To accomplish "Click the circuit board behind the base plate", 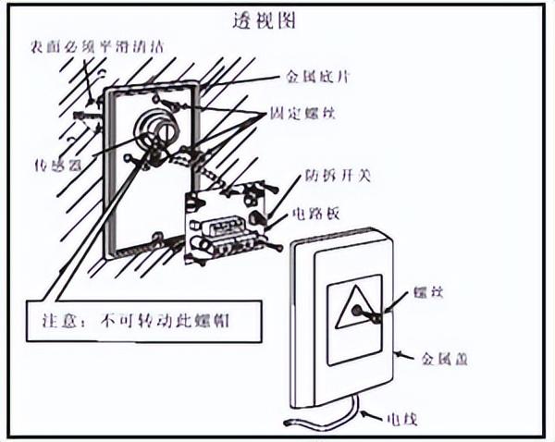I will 227,222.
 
